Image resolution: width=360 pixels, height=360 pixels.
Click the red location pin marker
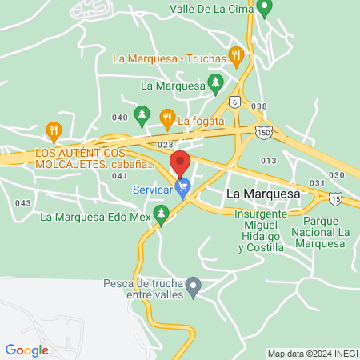[180, 163]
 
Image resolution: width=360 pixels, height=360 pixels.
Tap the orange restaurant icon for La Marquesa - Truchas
[236, 56]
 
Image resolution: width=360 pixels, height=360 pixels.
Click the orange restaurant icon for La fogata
[166, 118]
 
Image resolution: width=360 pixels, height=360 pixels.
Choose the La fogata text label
[200, 122]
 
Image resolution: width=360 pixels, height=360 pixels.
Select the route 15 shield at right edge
[334, 197]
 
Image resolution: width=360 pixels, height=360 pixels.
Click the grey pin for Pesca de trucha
[193, 285]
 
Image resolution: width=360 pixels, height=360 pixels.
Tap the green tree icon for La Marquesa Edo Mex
[162, 214]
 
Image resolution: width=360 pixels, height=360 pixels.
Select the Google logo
[26, 350]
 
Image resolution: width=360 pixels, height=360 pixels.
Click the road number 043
[23, 203]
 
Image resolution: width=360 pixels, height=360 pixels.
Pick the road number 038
[258, 106]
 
